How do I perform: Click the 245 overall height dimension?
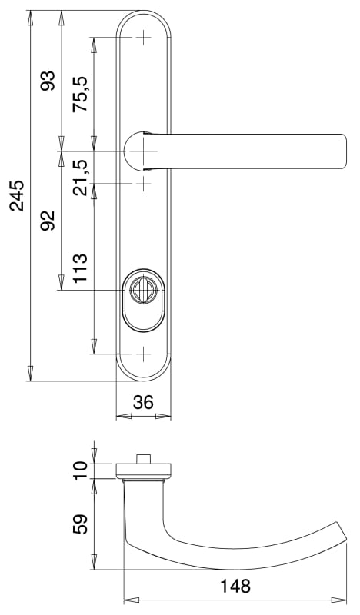point(17,196)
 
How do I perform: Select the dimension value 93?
point(49,81)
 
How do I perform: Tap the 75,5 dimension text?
point(82,94)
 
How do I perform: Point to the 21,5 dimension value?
point(82,178)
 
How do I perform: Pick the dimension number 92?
point(49,220)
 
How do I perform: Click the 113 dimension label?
point(81,268)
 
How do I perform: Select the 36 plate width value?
point(143,402)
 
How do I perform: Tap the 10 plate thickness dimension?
point(81,470)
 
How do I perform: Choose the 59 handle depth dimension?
point(81,524)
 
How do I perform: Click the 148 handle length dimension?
point(235,586)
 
